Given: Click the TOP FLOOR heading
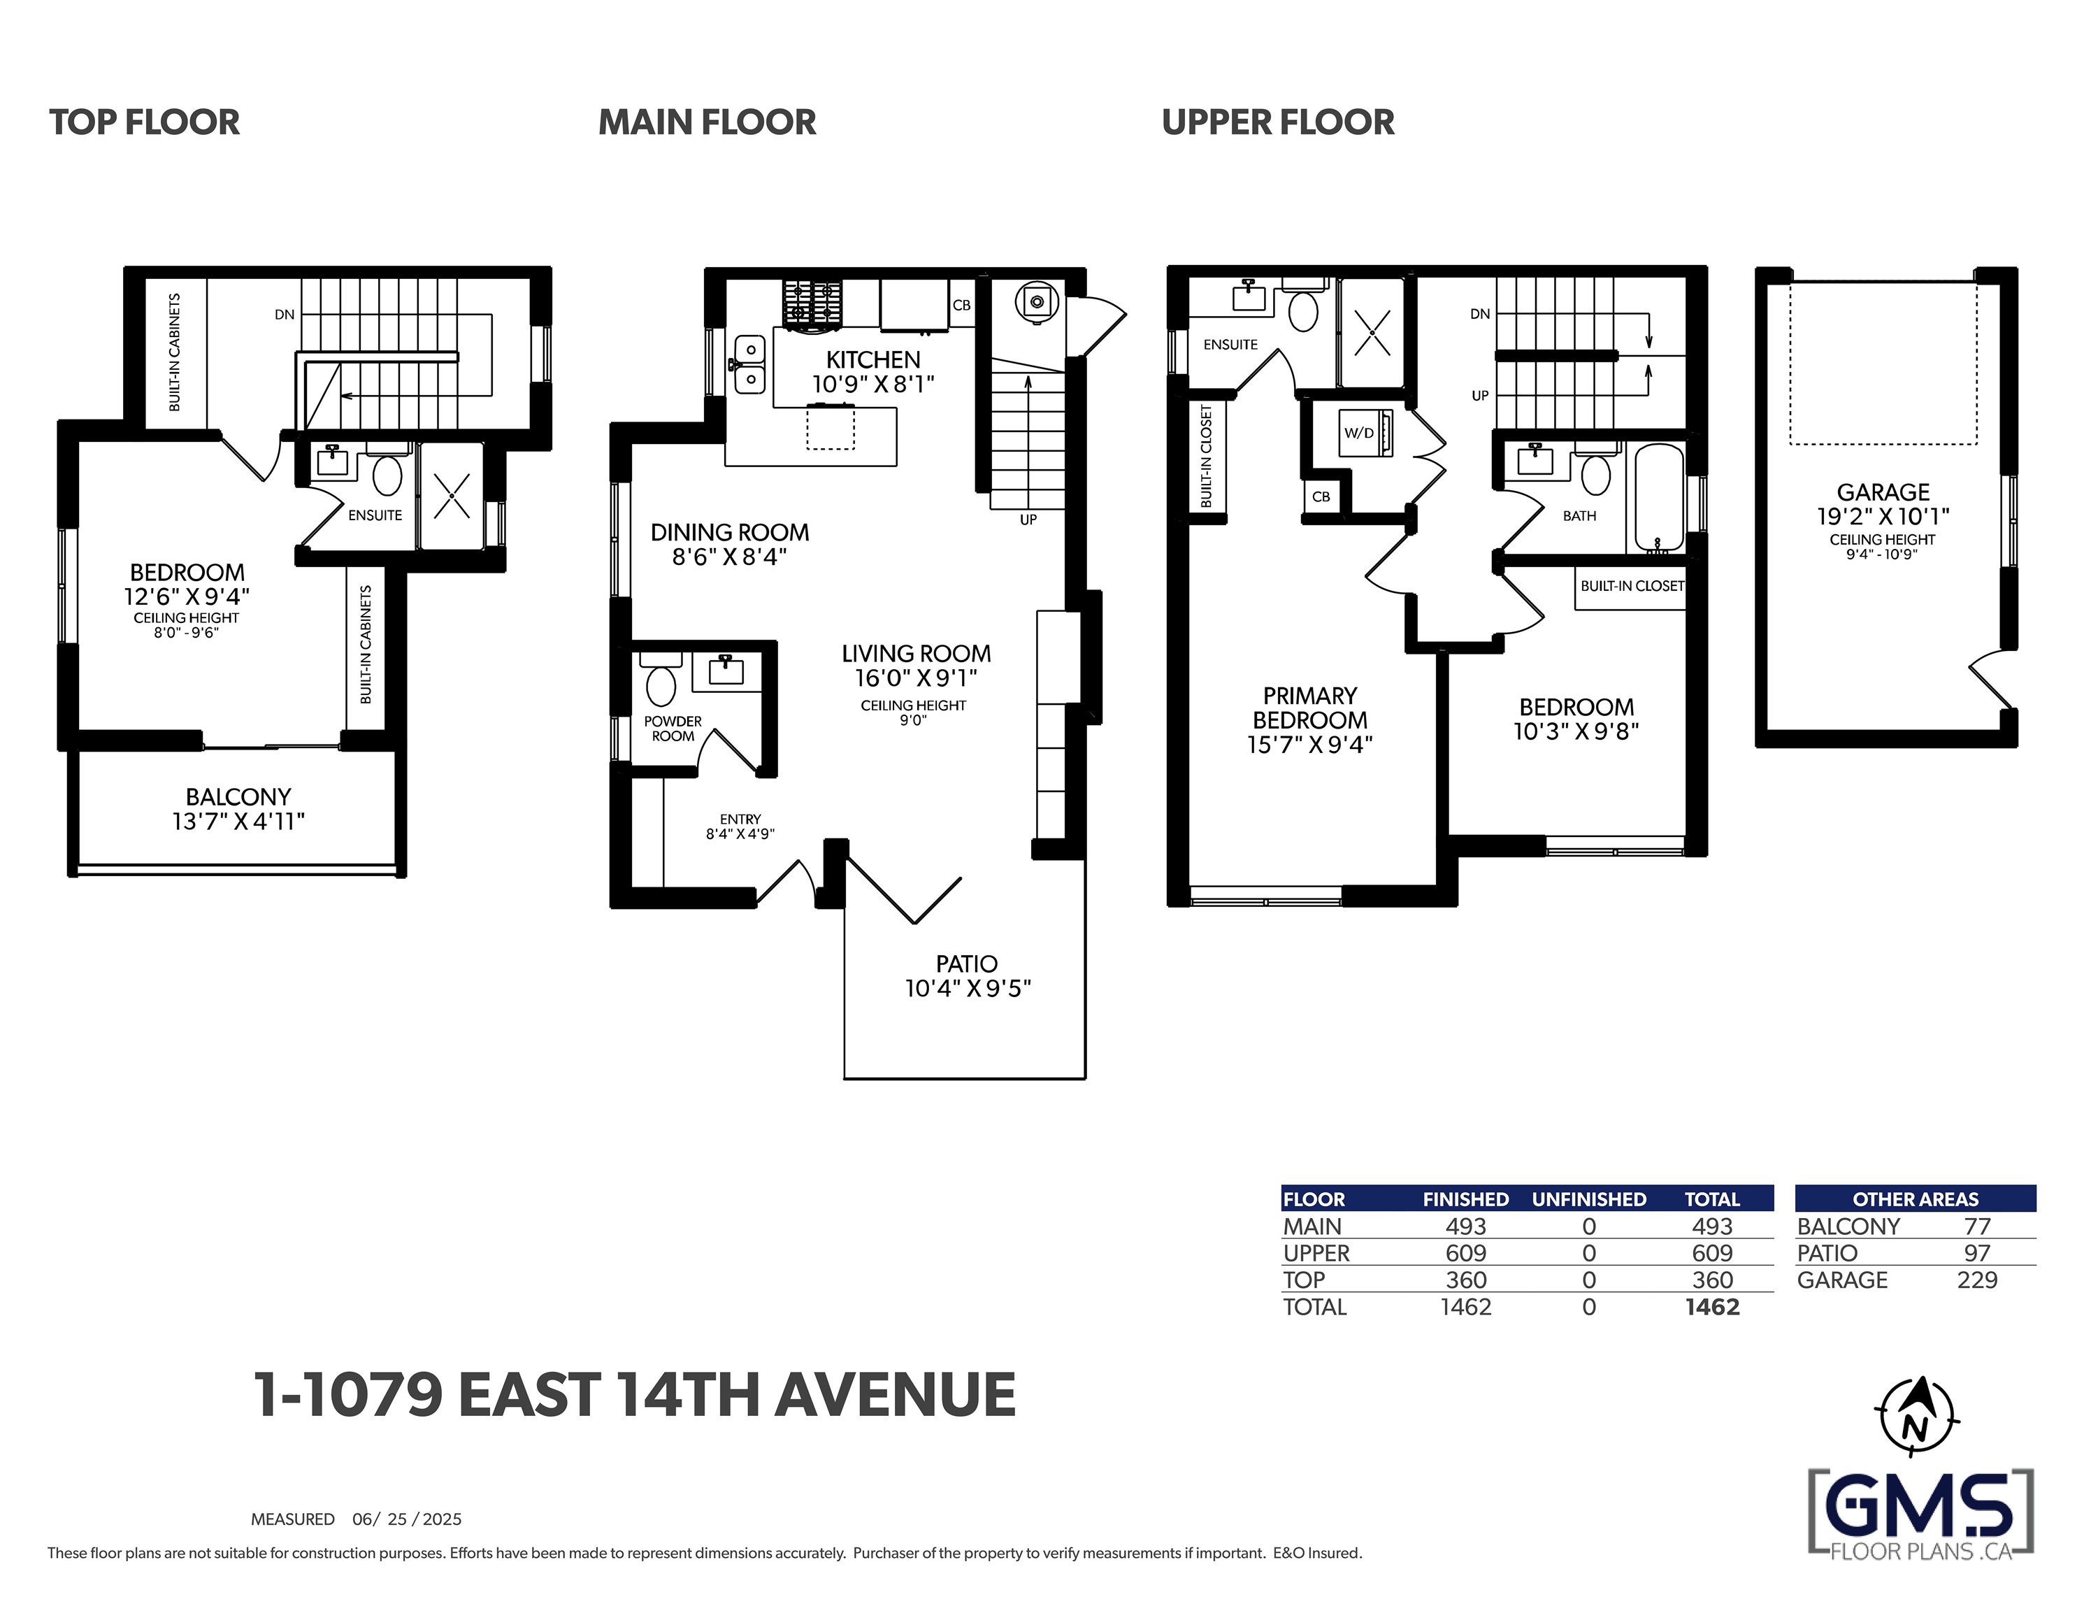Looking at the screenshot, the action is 144,122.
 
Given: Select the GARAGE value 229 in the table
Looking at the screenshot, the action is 1976,1280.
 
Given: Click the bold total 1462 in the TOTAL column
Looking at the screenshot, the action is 1712,1307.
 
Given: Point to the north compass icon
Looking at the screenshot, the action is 1916,1417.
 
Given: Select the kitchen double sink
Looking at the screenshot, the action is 750,364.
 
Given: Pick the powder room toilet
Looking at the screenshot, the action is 661,678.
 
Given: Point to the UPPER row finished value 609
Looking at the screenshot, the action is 1466,1253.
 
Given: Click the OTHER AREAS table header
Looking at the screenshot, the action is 1915,1198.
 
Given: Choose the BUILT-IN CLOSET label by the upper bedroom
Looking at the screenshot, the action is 1632,586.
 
